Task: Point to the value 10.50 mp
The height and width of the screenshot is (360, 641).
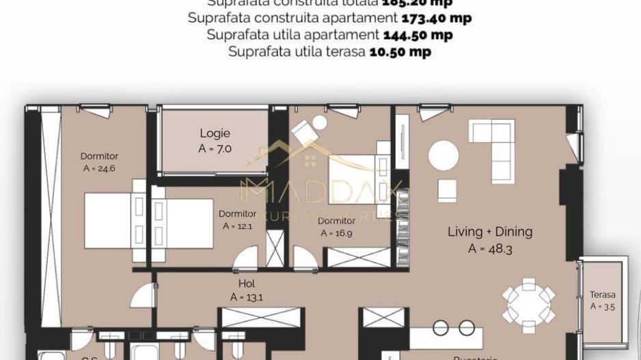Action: point(400,51)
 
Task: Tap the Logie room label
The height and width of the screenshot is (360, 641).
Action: point(215,133)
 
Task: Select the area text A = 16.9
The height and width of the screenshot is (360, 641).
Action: point(336,233)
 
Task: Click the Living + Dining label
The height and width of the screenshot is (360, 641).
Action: point(489,232)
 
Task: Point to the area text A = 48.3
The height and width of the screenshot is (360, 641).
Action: point(490,249)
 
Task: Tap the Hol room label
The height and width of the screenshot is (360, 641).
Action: point(247,283)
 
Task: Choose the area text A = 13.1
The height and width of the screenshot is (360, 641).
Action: point(247,297)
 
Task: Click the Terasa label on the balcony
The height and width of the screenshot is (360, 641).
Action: point(602,295)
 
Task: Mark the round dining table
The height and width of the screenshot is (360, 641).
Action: point(528,299)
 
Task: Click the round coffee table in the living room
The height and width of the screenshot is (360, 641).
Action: point(443,155)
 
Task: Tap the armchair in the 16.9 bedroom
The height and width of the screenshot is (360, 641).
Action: point(312,130)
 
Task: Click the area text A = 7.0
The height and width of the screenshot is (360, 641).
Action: point(215,147)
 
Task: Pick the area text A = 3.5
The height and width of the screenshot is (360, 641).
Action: point(602,307)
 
